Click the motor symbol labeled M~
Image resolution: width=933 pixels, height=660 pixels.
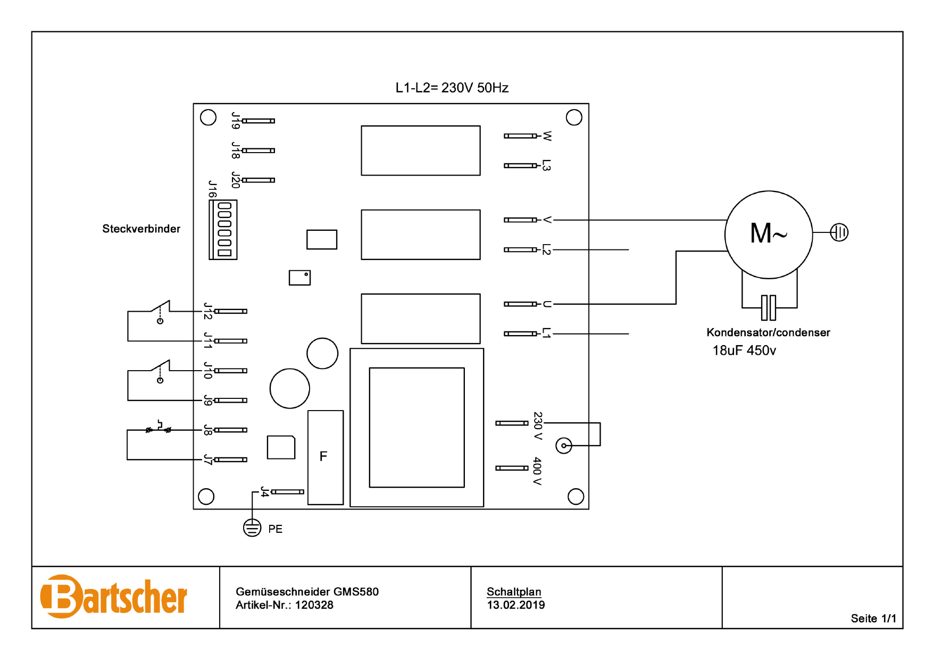click(x=768, y=234)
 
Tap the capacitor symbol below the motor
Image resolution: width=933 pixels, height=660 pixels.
click(x=768, y=307)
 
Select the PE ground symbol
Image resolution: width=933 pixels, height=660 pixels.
click(x=252, y=528)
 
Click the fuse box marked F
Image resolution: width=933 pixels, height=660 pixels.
click(x=325, y=457)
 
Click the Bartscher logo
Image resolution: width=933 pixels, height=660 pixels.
click(x=114, y=597)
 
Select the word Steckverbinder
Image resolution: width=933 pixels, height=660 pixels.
click(x=141, y=229)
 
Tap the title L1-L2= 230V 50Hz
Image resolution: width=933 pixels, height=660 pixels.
click(x=452, y=88)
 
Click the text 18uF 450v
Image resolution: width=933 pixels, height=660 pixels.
click(x=744, y=350)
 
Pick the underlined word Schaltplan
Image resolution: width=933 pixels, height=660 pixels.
click(x=513, y=591)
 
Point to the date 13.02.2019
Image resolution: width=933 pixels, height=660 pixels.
click(x=515, y=605)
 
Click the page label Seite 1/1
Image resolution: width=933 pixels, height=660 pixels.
click(x=873, y=619)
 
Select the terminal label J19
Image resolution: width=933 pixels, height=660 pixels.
click(x=236, y=121)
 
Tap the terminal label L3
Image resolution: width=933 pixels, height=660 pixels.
click(x=546, y=165)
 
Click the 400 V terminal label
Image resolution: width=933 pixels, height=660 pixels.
click(x=537, y=470)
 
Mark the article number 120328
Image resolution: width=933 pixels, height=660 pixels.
click(x=314, y=605)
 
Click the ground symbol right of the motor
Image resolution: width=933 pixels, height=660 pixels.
click(x=839, y=232)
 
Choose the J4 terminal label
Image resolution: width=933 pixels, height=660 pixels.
click(x=265, y=491)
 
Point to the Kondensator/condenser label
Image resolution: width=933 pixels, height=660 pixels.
click(x=768, y=332)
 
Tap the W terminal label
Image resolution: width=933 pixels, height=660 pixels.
click(x=547, y=136)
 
